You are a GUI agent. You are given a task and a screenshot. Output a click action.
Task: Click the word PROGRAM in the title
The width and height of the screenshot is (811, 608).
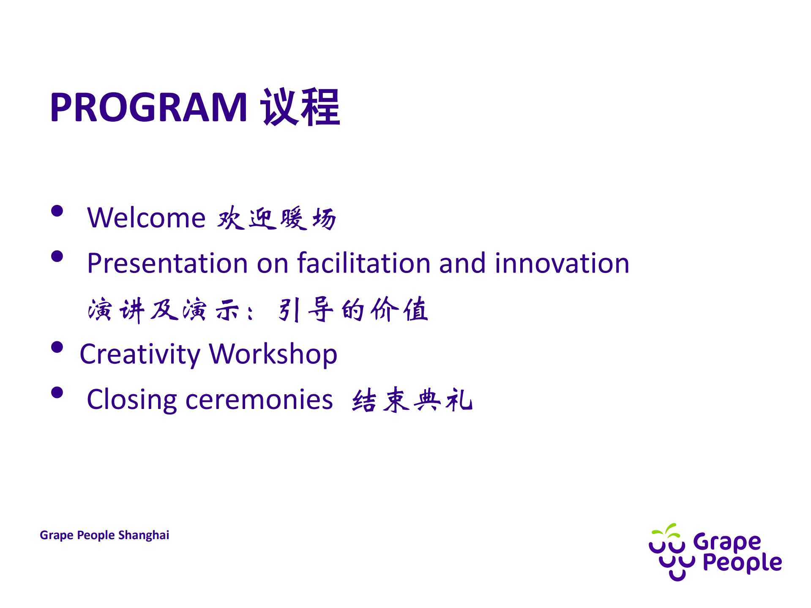[x=148, y=107]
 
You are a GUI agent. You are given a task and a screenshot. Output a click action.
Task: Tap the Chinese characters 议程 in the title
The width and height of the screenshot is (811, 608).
[x=300, y=107]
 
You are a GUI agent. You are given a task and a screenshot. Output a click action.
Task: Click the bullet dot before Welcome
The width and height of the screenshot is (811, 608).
[x=57, y=211]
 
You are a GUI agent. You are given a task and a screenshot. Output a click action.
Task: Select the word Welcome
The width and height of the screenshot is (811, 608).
[x=146, y=218]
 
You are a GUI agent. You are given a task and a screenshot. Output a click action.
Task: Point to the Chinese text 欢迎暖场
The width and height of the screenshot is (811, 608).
[x=277, y=219]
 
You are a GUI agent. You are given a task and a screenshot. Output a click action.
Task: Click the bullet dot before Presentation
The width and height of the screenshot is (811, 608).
[x=57, y=256]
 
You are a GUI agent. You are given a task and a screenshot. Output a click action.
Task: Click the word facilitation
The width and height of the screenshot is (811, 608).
[x=364, y=263]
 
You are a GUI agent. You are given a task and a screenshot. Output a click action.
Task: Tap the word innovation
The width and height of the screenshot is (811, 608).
[x=562, y=263]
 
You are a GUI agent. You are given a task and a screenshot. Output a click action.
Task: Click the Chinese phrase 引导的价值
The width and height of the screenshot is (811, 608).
[x=353, y=310]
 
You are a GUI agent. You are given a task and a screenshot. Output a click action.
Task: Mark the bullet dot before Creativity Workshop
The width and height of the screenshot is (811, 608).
[x=57, y=347]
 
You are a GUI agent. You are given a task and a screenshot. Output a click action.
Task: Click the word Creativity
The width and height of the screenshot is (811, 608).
[x=140, y=354]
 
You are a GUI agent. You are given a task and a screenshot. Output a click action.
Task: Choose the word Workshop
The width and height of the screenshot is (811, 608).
[x=273, y=354]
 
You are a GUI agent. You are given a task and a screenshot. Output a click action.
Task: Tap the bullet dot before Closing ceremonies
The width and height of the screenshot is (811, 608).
[x=57, y=393]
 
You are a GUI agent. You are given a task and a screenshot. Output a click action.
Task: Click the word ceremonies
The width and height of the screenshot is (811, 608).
[x=259, y=400]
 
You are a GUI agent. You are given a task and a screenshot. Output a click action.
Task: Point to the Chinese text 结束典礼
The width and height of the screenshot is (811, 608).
[x=412, y=400]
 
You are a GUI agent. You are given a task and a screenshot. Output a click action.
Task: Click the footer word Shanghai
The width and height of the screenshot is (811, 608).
[x=144, y=535]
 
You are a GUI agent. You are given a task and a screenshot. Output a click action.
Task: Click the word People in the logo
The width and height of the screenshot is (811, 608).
[x=742, y=563]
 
